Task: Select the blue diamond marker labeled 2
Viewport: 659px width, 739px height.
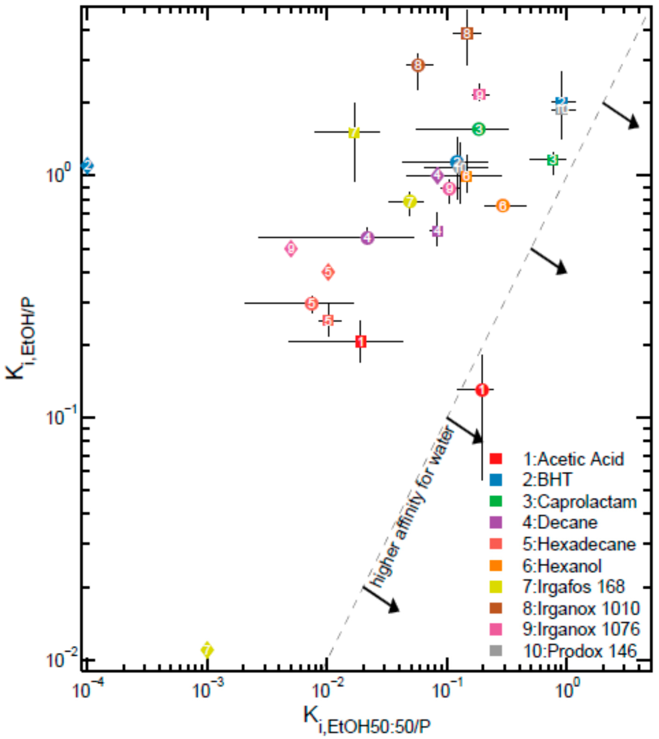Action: pos(87,166)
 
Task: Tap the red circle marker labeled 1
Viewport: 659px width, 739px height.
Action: pos(482,390)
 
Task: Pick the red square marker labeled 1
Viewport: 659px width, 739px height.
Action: pos(361,341)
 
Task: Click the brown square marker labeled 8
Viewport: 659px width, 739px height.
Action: pos(467,34)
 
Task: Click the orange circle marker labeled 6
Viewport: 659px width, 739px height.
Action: pos(502,206)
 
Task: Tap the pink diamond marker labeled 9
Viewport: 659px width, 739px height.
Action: pos(291,249)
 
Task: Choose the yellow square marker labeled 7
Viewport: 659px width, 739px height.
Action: pos(354,132)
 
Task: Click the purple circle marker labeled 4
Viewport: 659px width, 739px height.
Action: pos(367,238)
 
